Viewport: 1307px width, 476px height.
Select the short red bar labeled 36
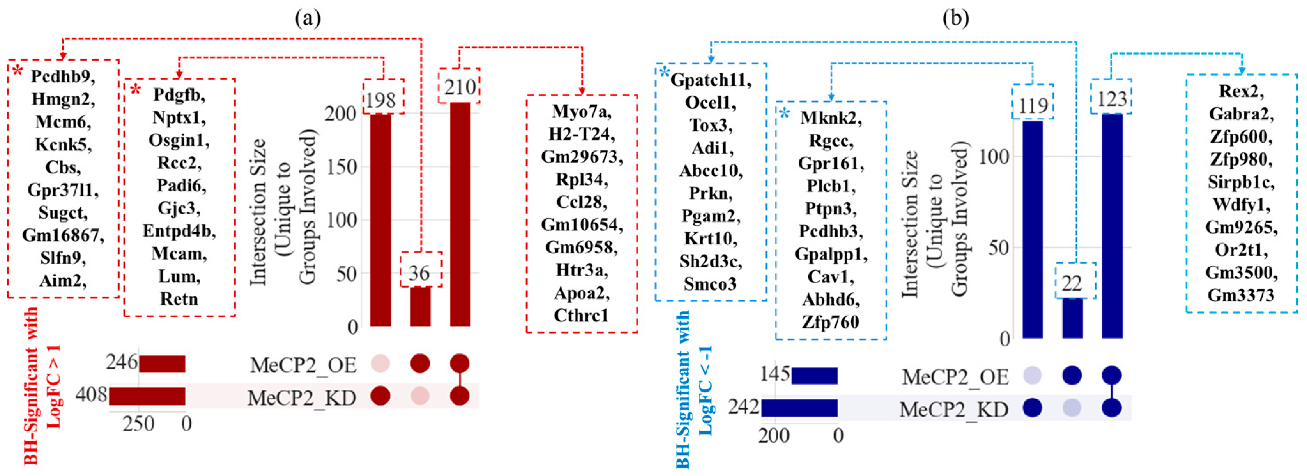pyautogui.click(x=420, y=306)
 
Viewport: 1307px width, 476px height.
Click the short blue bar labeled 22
pyautogui.click(x=1072, y=318)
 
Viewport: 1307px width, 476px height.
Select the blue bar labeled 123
pyautogui.click(x=1112, y=226)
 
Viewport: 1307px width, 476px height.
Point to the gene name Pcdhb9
pyautogui.click(x=63, y=76)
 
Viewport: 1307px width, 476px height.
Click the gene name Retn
pyautogui.click(x=179, y=299)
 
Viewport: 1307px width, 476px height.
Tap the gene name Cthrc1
pyautogui.click(x=581, y=316)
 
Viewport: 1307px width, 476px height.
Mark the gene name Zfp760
pyautogui.click(x=831, y=322)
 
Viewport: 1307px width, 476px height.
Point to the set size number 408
pyautogui.click(x=91, y=395)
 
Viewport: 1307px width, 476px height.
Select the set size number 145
pyautogui.click(x=775, y=375)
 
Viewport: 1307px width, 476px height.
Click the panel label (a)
pyautogui.click(x=308, y=18)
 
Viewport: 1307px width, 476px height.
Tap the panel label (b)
pyautogui.click(x=955, y=18)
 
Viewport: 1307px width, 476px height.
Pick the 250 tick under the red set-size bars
pyautogui.click(x=138, y=424)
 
